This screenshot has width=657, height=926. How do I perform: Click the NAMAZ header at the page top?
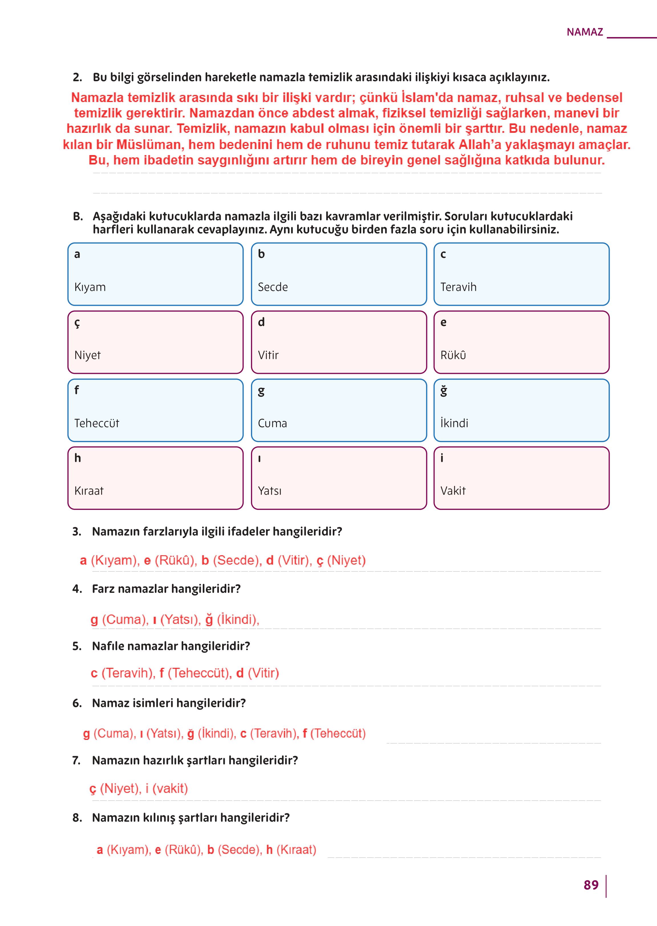[x=585, y=32]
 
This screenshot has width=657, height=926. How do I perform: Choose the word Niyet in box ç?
[x=87, y=355]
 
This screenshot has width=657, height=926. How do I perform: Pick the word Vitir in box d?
[x=268, y=355]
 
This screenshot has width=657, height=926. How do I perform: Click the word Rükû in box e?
[x=453, y=355]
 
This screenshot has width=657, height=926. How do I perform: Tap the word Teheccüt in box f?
[x=97, y=423]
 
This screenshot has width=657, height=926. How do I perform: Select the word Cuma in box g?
[x=272, y=423]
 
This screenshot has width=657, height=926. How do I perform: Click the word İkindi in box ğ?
[x=454, y=423]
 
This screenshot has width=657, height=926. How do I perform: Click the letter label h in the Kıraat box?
[x=78, y=458]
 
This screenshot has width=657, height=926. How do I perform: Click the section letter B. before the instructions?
[x=78, y=216]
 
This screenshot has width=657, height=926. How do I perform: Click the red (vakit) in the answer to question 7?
[x=170, y=789]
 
